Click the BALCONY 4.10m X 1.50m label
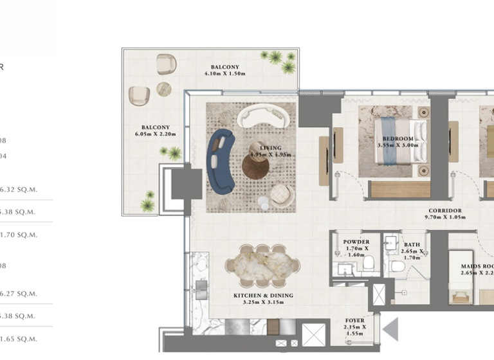click(x=224, y=70)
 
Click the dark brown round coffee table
click(x=255, y=167)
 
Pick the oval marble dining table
click(x=262, y=265)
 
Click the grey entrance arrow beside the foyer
click(x=391, y=330)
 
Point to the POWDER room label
click(x=356, y=246)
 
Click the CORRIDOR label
click(x=444, y=214)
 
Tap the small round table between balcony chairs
click(x=164, y=89)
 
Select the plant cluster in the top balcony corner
click(x=279, y=60)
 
